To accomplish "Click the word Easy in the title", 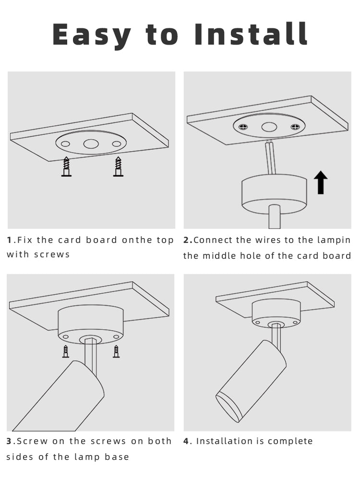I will click(x=91, y=35).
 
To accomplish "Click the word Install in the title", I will click(x=251, y=35).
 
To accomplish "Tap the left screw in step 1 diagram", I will click(x=66, y=167).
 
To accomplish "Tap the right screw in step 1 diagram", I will click(x=118, y=167).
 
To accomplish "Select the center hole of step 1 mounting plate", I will click(x=91, y=144).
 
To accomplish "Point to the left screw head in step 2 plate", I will click(x=244, y=127).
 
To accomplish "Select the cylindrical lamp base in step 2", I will click(x=274, y=194).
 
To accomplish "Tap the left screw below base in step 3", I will click(x=66, y=351).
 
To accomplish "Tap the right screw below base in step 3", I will click(x=116, y=351).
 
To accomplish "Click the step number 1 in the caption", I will click(x=9, y=240).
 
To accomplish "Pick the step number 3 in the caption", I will click(x=10, y=441).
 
